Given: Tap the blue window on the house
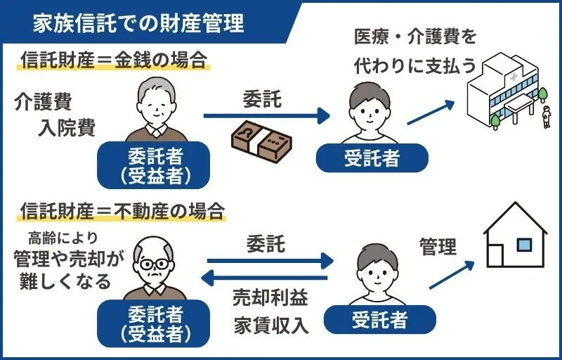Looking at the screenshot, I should point(524,245).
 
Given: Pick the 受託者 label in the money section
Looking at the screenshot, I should point(372,158).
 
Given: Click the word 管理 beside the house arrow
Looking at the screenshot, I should point(438,247).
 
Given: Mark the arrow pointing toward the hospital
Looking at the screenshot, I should point(430,112).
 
